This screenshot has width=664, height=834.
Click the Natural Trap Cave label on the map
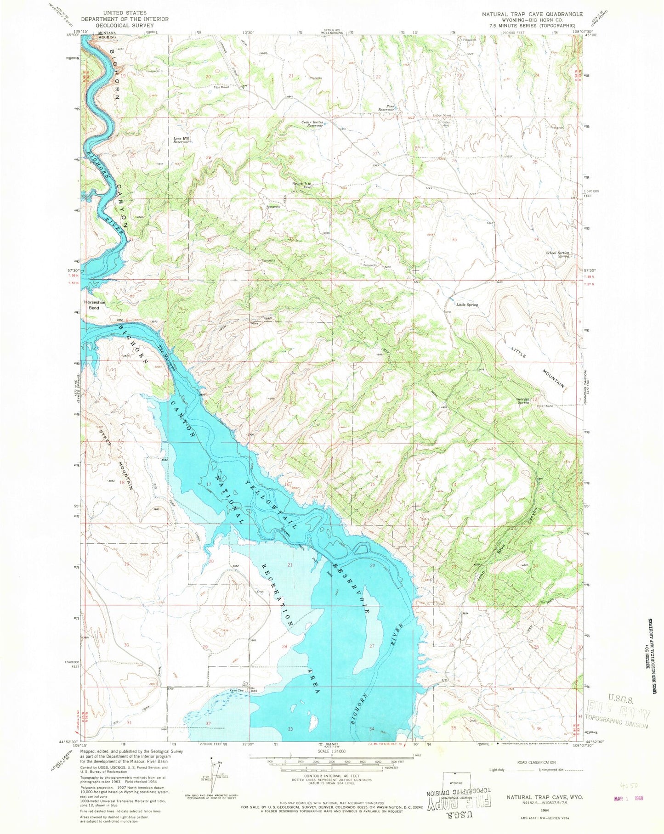pos(302,186)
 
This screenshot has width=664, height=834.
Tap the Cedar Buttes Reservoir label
pos(312,124)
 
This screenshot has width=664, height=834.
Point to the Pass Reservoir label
pos(386,108)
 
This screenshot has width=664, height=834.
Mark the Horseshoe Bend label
pos(91,305)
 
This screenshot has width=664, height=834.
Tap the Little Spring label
pos(466,304)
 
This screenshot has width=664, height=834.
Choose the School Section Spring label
pos(557,254)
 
